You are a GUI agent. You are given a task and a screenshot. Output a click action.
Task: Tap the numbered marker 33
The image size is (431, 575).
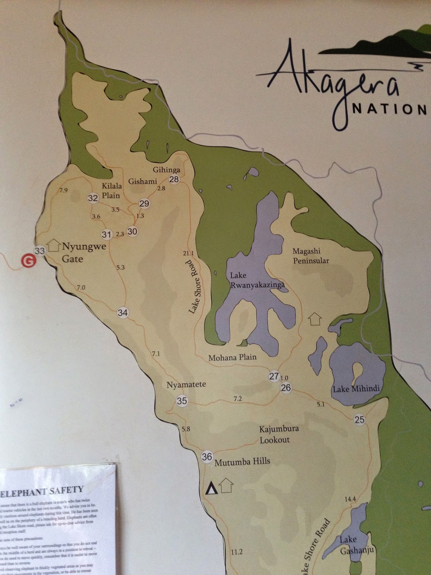pyautogui.click(x=40, y=250)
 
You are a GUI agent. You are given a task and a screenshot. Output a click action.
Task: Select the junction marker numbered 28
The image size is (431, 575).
pyautogui.click(x=174, y=179)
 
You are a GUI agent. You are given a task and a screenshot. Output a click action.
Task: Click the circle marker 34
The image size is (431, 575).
pyautogui.click(x=122, y=313)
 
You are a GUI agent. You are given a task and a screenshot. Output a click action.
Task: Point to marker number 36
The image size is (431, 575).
pyautogui.click(x=207, y=457)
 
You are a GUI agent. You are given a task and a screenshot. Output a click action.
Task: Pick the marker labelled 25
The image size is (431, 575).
pyautogui.click(x=359, y=419)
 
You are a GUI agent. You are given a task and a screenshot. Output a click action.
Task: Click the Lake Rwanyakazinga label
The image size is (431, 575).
pyautogui.click(x=257, y=280)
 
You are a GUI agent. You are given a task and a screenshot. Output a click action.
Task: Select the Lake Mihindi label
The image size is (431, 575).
pyautogui.click(x=356, y=389)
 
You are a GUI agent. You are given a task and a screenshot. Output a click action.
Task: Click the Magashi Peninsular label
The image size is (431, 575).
pyautogui.click(x=311, y=256)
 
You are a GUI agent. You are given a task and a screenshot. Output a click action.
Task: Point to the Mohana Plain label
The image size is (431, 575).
pyautogui.click(x=232, y=357)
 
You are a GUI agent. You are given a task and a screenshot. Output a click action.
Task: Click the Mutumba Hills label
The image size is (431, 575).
pyautogui.click(x=242, y=461)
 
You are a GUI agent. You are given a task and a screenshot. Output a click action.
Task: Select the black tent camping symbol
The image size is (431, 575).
pyautogui.click(x=212, y=489)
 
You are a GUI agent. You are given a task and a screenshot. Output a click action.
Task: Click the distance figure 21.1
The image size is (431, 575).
pyautogui.click(x=188, y=253)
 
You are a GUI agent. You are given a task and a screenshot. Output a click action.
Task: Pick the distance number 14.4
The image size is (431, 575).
pyautogui.click(x=350, y=499)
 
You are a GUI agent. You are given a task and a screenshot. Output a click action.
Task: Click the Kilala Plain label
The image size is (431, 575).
pyautogui.click(x=111, y=190)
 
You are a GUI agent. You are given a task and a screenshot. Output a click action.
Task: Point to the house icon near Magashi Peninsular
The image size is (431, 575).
pyautogui.click(x=315, y=319)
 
